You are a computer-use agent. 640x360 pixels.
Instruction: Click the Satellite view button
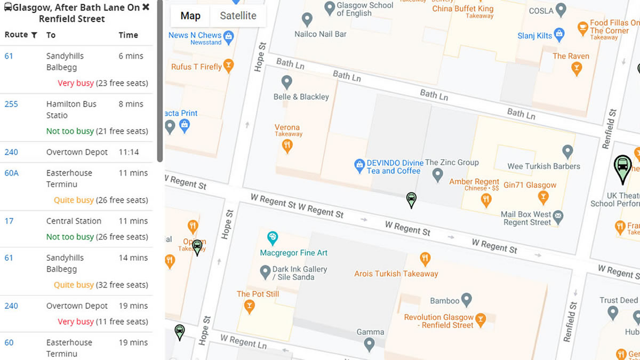tap(238, 16)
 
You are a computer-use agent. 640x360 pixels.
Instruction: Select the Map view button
tap(190, 16)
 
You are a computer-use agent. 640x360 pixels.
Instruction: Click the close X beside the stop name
tap(146, 7)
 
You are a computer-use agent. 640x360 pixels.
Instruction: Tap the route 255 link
tap(11, 104)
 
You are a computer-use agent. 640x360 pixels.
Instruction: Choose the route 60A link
tap(11, 173)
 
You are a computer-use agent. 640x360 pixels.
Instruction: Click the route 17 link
tap(9, 221)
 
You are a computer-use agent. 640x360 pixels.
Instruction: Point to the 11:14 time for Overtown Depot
tap(128, 152)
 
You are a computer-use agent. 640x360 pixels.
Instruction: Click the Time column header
tap(128, 35)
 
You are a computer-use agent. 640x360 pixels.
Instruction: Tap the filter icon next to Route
tap(34, 35)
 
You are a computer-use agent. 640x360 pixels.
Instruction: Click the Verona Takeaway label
tap(287, 130)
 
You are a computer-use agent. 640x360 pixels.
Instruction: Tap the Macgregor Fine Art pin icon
tap(273, 237)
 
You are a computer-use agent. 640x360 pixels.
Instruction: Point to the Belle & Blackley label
tap(301, 97)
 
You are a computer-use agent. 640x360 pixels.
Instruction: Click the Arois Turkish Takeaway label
tap(396, 274)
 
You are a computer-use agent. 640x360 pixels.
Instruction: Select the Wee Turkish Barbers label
tap(543, 166)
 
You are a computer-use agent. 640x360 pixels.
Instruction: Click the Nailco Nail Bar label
tap(321, 34)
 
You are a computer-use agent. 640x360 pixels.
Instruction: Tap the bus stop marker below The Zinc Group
tap(411, 199)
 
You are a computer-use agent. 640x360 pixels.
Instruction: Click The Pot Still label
tap(258, 294)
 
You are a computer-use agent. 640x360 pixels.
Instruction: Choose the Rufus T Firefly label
tap(196, 67)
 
